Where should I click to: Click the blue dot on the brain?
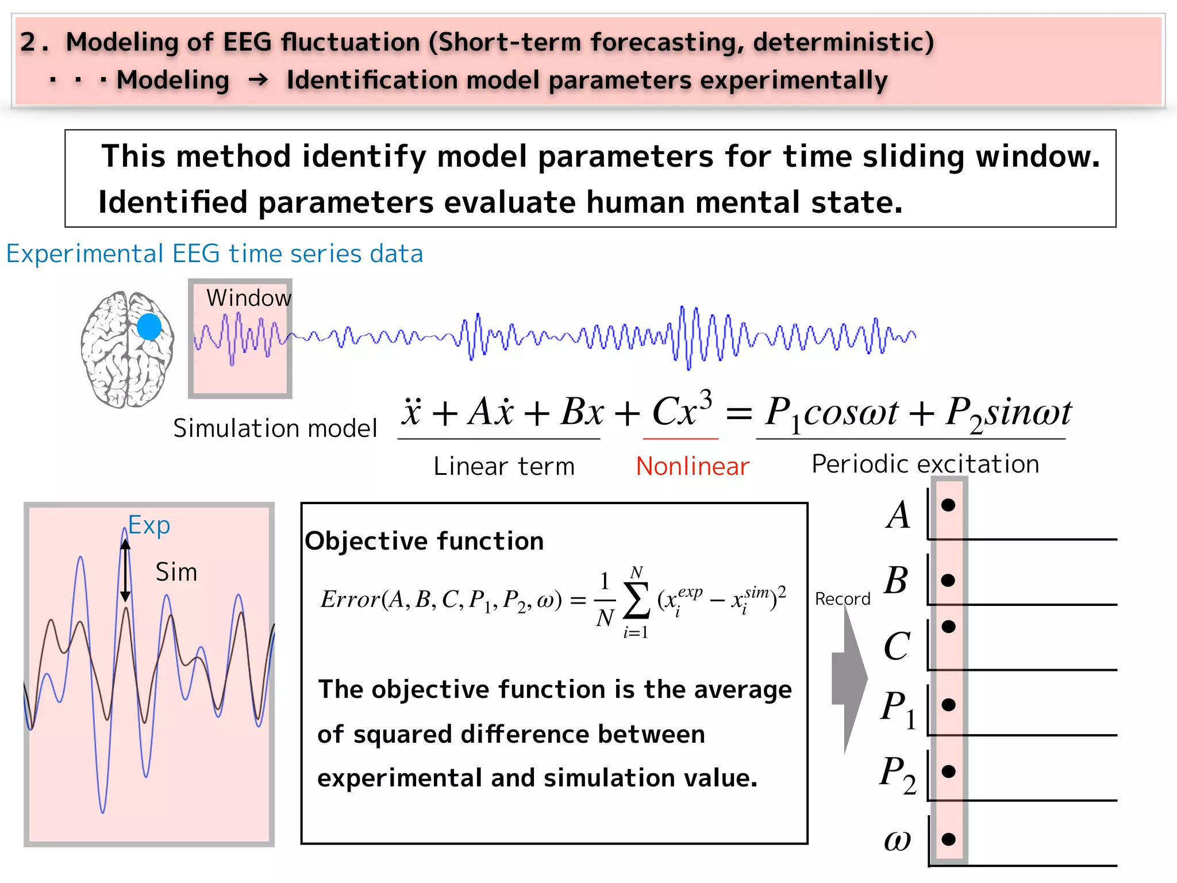point(149,327)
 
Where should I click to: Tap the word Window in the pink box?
point(248,298)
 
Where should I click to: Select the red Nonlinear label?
point(693,466)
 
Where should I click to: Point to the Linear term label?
point(504,466)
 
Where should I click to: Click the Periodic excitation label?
point(925,464)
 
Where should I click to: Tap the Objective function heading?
point(424,541)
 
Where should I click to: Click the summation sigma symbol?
point(636,601)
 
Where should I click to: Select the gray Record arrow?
point(849,678)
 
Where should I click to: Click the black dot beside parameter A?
point(948,505)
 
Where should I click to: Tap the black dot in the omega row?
point(949,839)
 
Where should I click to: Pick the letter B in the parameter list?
point(897,581)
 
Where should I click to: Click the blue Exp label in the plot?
point(149,525)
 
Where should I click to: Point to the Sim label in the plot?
point(176,573)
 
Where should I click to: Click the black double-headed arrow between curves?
point(125,570)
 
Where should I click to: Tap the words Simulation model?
point(275,429)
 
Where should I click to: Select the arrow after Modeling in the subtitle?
point(259,80)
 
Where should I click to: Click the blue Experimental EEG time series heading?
point(214,254)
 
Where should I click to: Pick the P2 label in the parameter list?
point(898,774)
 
